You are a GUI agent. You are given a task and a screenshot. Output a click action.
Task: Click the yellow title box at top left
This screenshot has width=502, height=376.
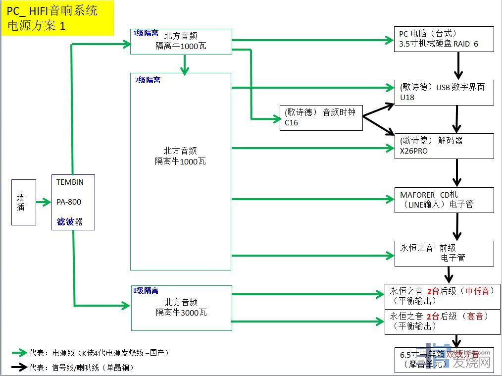click(57, 18)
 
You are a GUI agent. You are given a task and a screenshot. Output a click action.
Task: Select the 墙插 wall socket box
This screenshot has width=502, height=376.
click(24, 202)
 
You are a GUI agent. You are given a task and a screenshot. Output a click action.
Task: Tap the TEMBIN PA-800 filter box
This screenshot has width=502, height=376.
click(73, 202)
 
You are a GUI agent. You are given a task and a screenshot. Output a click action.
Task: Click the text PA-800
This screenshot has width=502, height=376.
click(69, 202)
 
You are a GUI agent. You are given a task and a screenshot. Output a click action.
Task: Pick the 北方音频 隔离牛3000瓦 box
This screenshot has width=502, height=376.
click(181, 308)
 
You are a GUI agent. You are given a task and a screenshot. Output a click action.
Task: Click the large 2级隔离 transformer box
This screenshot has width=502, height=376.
click(181, 171)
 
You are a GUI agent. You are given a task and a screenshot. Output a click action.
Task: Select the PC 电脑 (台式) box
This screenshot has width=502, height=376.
click(444, 39)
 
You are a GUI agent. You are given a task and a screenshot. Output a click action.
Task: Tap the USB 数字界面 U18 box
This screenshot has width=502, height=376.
click(444, 92)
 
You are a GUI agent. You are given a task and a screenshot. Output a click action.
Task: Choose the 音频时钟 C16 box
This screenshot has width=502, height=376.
click(321, 117)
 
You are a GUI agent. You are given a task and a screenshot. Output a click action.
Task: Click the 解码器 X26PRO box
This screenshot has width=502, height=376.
click(444, 146)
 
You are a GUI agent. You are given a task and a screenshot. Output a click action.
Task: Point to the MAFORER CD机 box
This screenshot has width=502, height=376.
click(444, 200)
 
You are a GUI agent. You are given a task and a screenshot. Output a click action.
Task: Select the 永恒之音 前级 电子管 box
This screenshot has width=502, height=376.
click(444, 253)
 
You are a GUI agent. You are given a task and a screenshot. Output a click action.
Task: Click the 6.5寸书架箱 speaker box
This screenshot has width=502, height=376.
click(444, 360)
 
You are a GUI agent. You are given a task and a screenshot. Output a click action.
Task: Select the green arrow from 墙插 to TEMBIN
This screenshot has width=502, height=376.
click(44, 202)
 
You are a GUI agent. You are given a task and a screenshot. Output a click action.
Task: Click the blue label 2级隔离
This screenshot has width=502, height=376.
click(148, 80)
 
